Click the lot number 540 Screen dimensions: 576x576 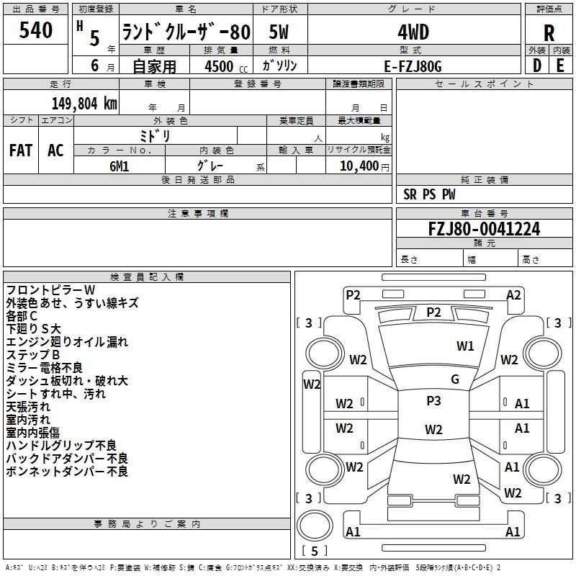[x=36, y=30]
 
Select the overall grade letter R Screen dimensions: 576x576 [x=549, y=32]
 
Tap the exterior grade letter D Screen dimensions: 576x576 [x=536, y=65]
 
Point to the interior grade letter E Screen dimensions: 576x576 [x=560, y=65]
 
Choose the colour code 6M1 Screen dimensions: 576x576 [x=119, y=166]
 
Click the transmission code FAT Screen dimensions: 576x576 [x=21, y=150]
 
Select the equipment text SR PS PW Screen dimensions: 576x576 [x=429, y=194]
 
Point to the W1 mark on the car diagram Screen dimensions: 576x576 [x=466, y=346]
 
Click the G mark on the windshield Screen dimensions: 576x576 [x=455, y=379]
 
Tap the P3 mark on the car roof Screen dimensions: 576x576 [x=433, y=401]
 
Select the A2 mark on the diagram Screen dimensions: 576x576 [x=513, y=294]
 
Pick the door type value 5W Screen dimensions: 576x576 [x=279, y=32]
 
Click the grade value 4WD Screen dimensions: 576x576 [x=413, y=32]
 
